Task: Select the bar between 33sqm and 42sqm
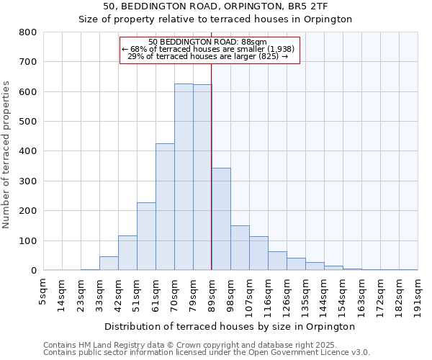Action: point(109,264)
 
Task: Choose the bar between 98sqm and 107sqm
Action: point(240,248)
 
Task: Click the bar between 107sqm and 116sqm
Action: point(258,253)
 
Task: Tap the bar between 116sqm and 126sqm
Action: point(277,261)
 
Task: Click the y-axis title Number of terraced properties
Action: point(6,154)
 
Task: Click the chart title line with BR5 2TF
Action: point(215,6)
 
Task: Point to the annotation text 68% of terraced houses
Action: point(209,49)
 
